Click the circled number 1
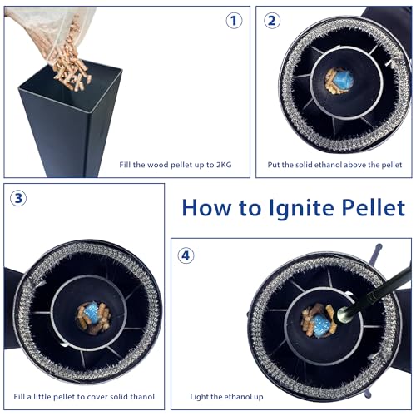tap(234, 21)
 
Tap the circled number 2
tap(272, 21)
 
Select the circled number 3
tap(18, 198)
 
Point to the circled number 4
tap(186, 255)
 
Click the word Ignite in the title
tap(302, 209)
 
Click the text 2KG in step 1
tap(224, 165)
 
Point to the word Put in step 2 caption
tap(274, 165)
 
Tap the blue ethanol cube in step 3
tap(92, 313)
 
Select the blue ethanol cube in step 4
tap(320, 325)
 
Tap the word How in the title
tap(206, 207)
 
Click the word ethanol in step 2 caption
tap(327, 165)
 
